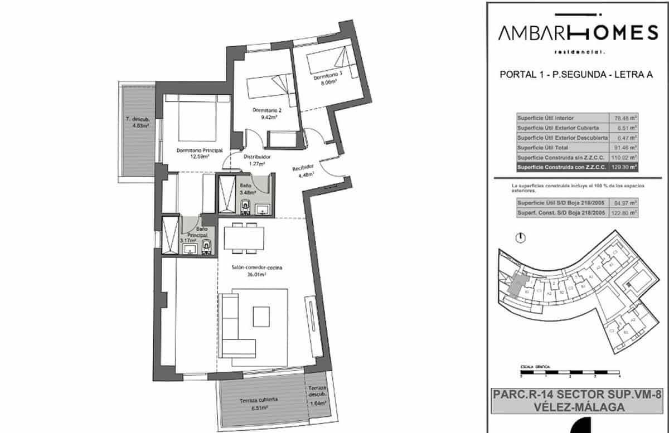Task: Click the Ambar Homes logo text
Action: pyautogui.click(x=577, y=33)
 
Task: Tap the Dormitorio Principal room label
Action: pyautogui.click(x=200, y=153)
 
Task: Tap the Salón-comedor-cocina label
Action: pyautogui.click(x=257, y=271)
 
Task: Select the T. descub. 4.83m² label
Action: pyautogui.click(x=137, y=122)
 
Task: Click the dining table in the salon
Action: pyautogui.click(x=244, y=238)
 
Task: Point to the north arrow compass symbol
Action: pyautogui.click(x=520, y=238)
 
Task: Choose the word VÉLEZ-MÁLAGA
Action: pyautogui.click(x=577, y=407)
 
